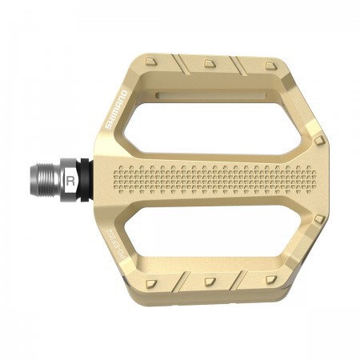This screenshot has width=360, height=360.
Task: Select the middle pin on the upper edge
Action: coord(210,62)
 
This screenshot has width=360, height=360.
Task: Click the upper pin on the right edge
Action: coord(319,141)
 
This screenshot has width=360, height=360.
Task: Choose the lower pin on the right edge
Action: coord(319,218)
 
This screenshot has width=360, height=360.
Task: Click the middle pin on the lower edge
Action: coord(210,281)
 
